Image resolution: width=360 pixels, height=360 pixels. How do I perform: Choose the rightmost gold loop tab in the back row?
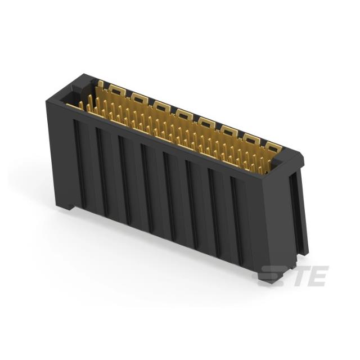click(x=273, y=147)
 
